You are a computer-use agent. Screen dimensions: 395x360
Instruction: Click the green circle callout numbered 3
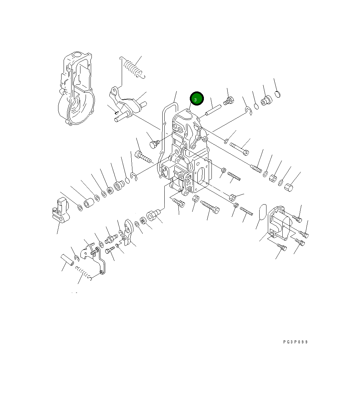click(x=197, y=99)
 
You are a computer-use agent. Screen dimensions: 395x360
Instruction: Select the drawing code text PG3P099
click(x=295, y=342)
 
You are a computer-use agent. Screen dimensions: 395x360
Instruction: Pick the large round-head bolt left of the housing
click(x=154, y=144)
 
